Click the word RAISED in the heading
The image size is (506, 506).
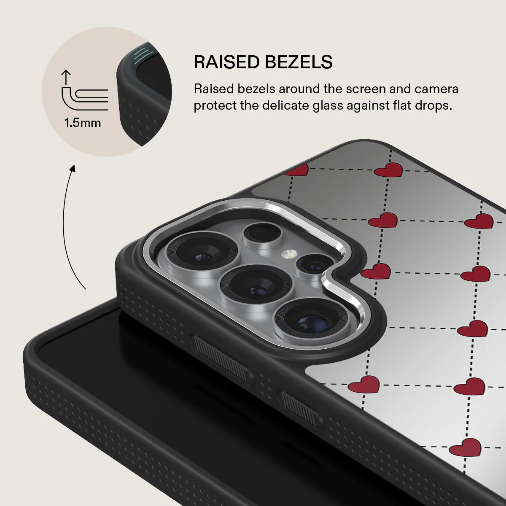(227, 62)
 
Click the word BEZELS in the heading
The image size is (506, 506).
(299, 62)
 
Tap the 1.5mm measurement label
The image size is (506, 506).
(83, 123)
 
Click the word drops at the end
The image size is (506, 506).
(433, 105)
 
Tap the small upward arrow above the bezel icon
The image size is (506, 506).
(66, 77)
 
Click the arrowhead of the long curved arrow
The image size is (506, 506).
(72, 169)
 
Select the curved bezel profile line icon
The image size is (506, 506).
(85, 99)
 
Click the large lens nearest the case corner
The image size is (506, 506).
(202, 252)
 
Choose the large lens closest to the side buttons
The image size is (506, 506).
(311, 322)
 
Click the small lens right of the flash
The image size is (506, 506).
(314, 265)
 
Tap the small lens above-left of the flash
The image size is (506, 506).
(262, 234)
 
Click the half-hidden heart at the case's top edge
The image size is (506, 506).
(297, 170)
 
